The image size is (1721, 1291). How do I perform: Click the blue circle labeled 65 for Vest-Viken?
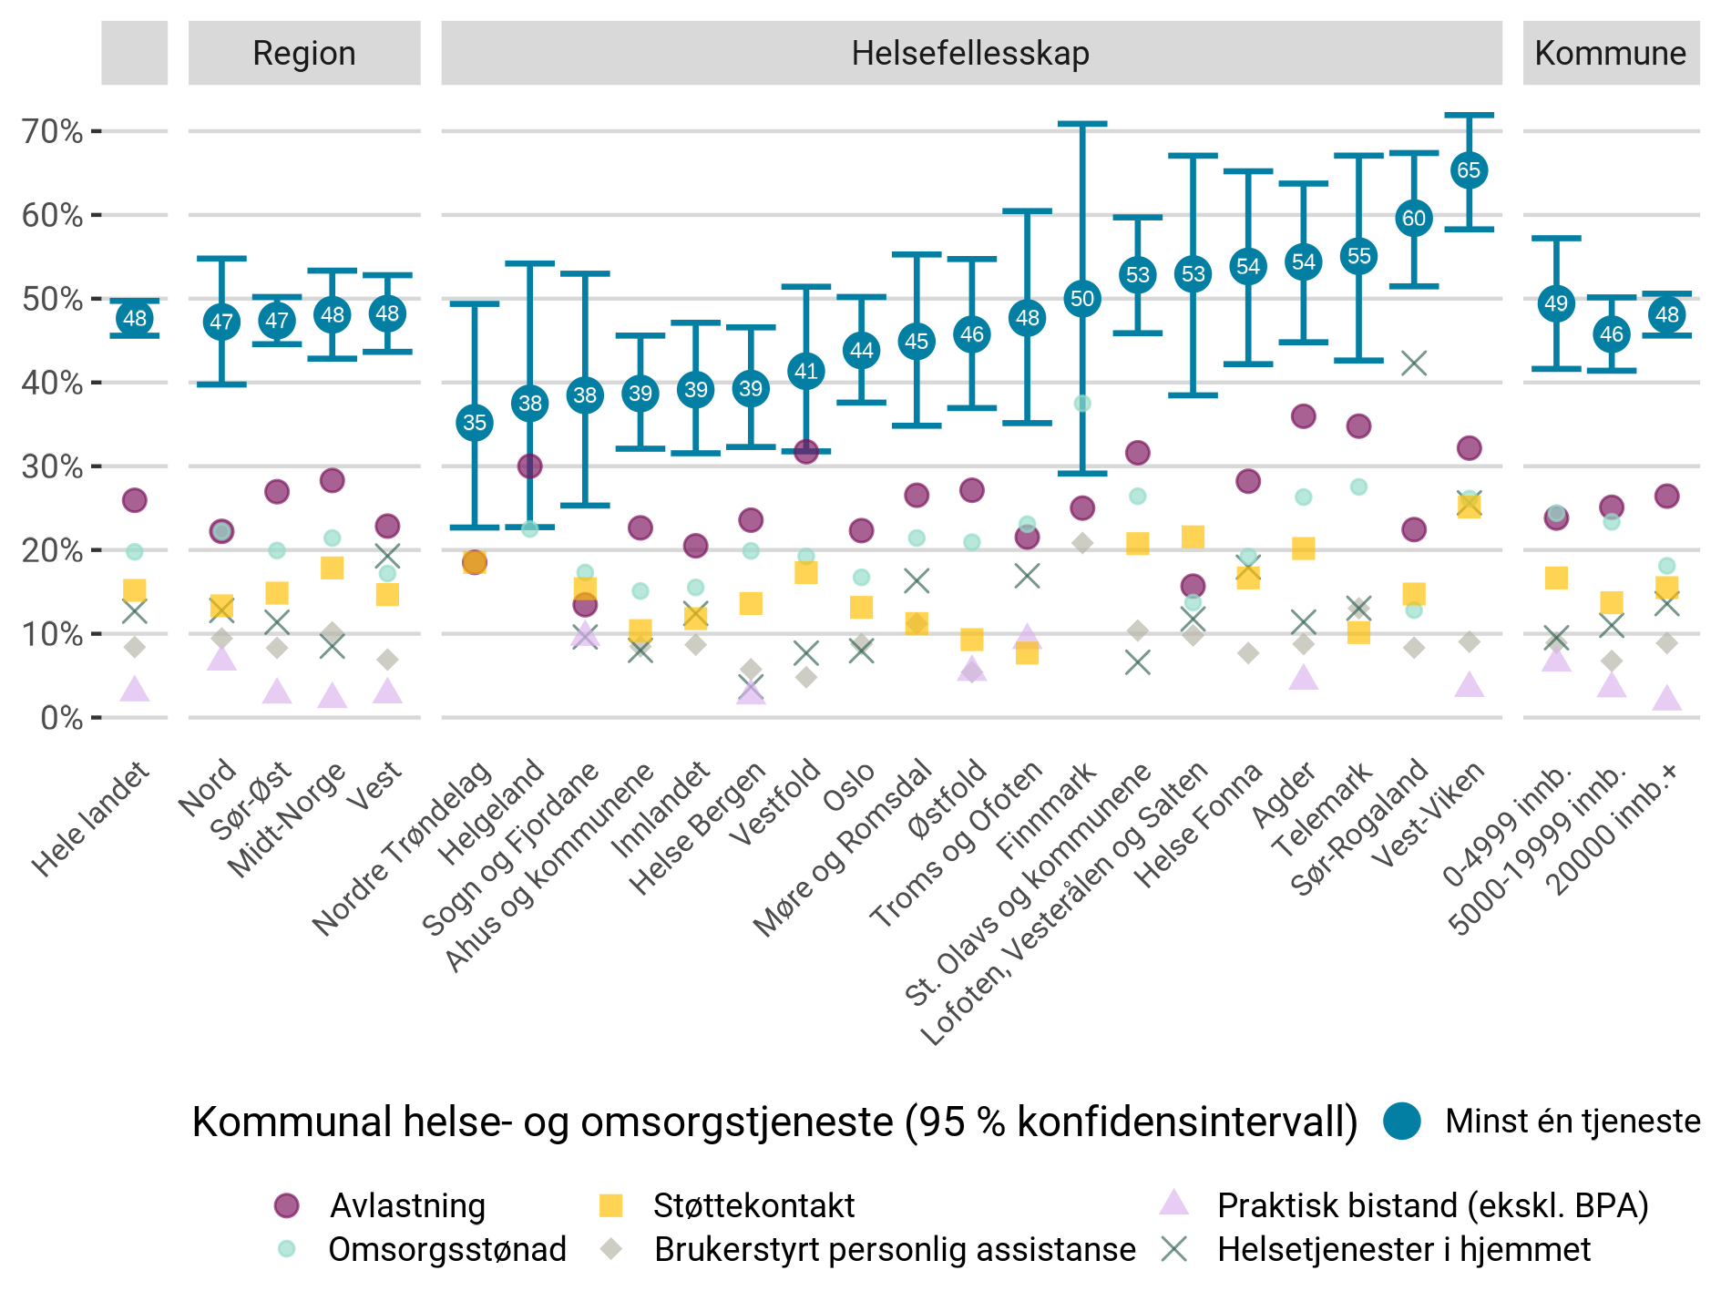click(x=1469, y=170)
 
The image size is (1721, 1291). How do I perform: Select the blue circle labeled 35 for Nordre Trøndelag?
click(x=475, y=423)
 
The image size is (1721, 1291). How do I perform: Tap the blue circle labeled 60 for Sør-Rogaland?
click(x=1413, y=219)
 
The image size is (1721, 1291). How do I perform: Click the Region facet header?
click(x=304, y=53)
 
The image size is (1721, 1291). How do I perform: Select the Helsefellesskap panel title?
click(x=970, y=53)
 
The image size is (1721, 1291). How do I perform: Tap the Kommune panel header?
click(x=1610, y=53)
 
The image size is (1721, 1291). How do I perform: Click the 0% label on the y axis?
click(x=61, y=719)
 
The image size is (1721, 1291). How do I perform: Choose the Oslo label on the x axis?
click(x=849, y=787)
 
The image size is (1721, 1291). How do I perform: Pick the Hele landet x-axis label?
click(x=91, y=820)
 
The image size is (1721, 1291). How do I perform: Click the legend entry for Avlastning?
click(x=407, y=1206)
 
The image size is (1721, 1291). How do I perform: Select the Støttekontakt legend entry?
click(x=753, y=1206)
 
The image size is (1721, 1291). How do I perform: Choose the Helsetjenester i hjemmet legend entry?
click(x=1403, y=1250)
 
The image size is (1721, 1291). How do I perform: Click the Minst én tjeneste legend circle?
click(x=1402, y=1122)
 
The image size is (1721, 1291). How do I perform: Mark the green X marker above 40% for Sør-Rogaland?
click(x=1413, y=364)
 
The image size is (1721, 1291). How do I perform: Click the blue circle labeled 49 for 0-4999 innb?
click(x=1556, y=303)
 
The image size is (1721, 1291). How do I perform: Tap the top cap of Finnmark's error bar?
click(x=1082, y=124)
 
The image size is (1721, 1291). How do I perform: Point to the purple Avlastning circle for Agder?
click(x=1304, y=417)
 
